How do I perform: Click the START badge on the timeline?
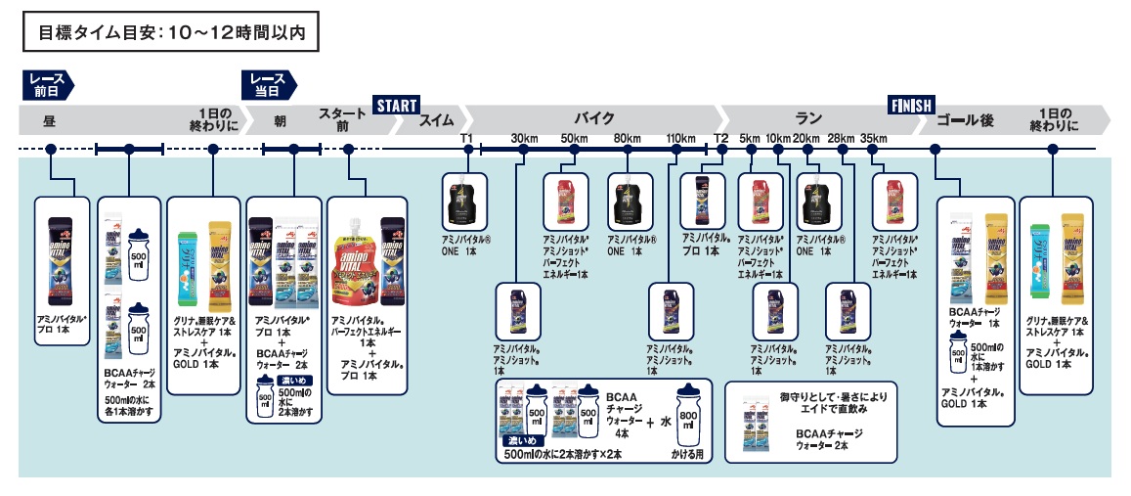[x=396, y=105]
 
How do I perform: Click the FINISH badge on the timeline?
[x=911, y=105]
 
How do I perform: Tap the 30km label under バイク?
[x=525, y=138]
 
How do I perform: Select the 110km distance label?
[x=680, y=138]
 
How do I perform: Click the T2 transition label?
[x=721, y=138]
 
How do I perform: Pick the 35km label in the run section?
[x=874, y=138]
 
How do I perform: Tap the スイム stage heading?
[x=436, y=120]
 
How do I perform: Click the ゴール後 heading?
[x=964, y=120]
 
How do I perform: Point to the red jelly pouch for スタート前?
[x=353, y=259]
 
